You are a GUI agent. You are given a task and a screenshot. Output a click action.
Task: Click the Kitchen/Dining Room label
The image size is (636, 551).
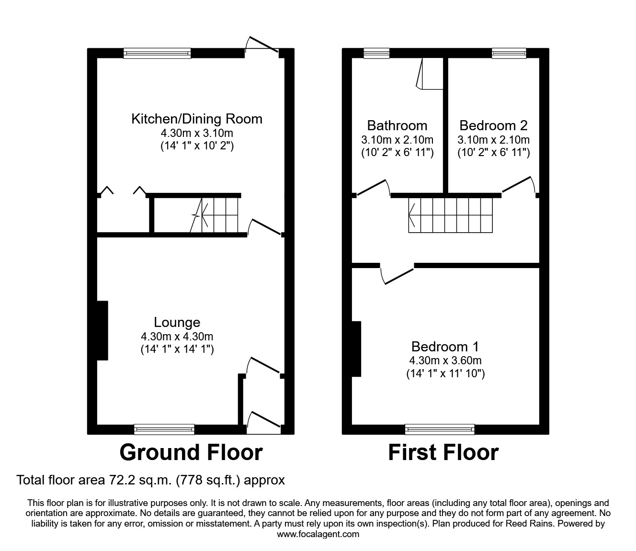pyautogui.click(x=196, y=119)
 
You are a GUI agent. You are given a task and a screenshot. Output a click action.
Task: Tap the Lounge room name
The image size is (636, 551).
pyautogui.click(x=177, y=323)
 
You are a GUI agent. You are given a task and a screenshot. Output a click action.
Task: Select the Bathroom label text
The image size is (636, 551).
pyautogui.click(x=397, y=125)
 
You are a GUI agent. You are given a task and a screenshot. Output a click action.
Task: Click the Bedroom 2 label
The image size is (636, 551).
pyautogui.click(x=493, y=125)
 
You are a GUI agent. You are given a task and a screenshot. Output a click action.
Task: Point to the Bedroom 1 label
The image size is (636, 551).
pyautogui.click(x=445, y=347)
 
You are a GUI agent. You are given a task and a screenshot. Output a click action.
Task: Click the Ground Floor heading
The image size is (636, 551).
pyautogui.click(x=191, y=452)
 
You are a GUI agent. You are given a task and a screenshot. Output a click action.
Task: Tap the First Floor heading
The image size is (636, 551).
pyautogui.click(x=443, y=452)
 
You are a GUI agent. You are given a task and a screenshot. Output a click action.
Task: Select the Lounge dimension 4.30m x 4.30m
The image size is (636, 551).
pyautogui.click(x=177, y=337)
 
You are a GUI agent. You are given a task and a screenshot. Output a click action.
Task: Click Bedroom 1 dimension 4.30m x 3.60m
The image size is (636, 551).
pyautogui.click(x=445, y=360)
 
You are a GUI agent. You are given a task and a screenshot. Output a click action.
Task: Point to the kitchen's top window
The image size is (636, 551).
pyautogui.click(x=157, y=53)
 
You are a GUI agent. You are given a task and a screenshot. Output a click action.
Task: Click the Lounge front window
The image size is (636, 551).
pyautogui.click(x=164, y=429)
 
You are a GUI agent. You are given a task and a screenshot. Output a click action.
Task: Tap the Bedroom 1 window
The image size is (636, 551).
pyautogui.click(x=440, y=429)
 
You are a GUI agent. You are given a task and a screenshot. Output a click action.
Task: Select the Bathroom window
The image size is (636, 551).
pyautogui.click(x=376, y=53)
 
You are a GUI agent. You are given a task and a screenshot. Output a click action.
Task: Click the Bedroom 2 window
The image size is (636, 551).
pyautogui.click(x=509, y=53)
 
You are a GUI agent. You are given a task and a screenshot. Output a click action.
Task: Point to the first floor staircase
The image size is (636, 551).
pyautogui.click(x=450, y=215)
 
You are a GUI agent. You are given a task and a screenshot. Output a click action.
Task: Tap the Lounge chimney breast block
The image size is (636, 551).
pyautogui.click(x=102, y=330)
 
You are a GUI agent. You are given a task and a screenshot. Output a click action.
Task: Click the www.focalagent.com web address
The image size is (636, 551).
pyautogui.click(x=318, y=534)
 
